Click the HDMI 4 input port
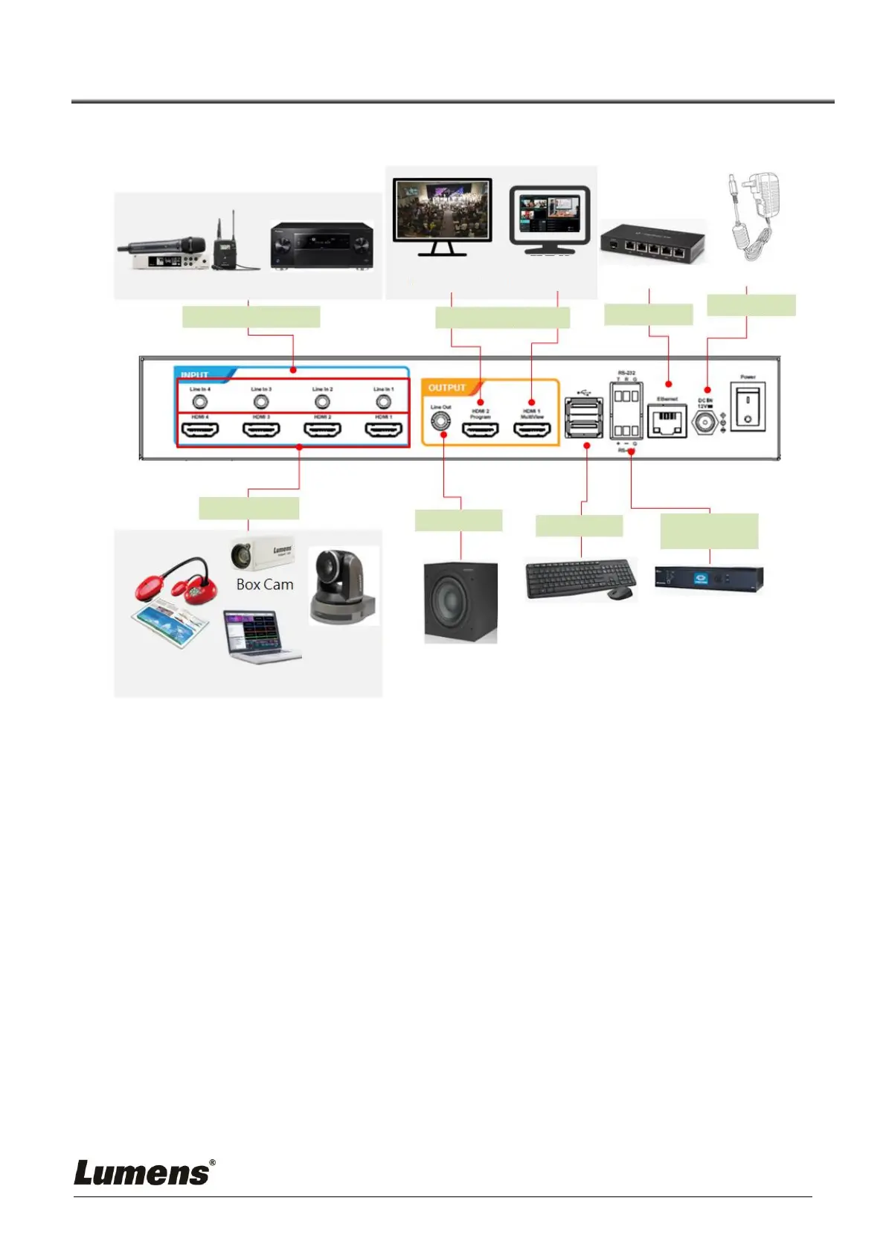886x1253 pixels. (x=200, y=431)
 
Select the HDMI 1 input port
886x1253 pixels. (x=383, y=431)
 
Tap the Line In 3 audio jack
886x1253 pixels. (x=261, y=402)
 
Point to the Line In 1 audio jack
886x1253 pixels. (x=383, y=402)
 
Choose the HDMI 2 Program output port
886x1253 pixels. (x=481, y=430)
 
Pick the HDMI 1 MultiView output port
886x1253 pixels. (x=533, y=430)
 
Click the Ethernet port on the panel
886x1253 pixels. (x=667, y=422)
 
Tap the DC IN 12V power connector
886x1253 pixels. (x=704, y=423)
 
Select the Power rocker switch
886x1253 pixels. (x=748, y=408)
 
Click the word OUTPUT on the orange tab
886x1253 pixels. (x=446, y=388)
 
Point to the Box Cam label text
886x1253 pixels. (x=265, y=585)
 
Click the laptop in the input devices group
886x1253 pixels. (x=260, y=636)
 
